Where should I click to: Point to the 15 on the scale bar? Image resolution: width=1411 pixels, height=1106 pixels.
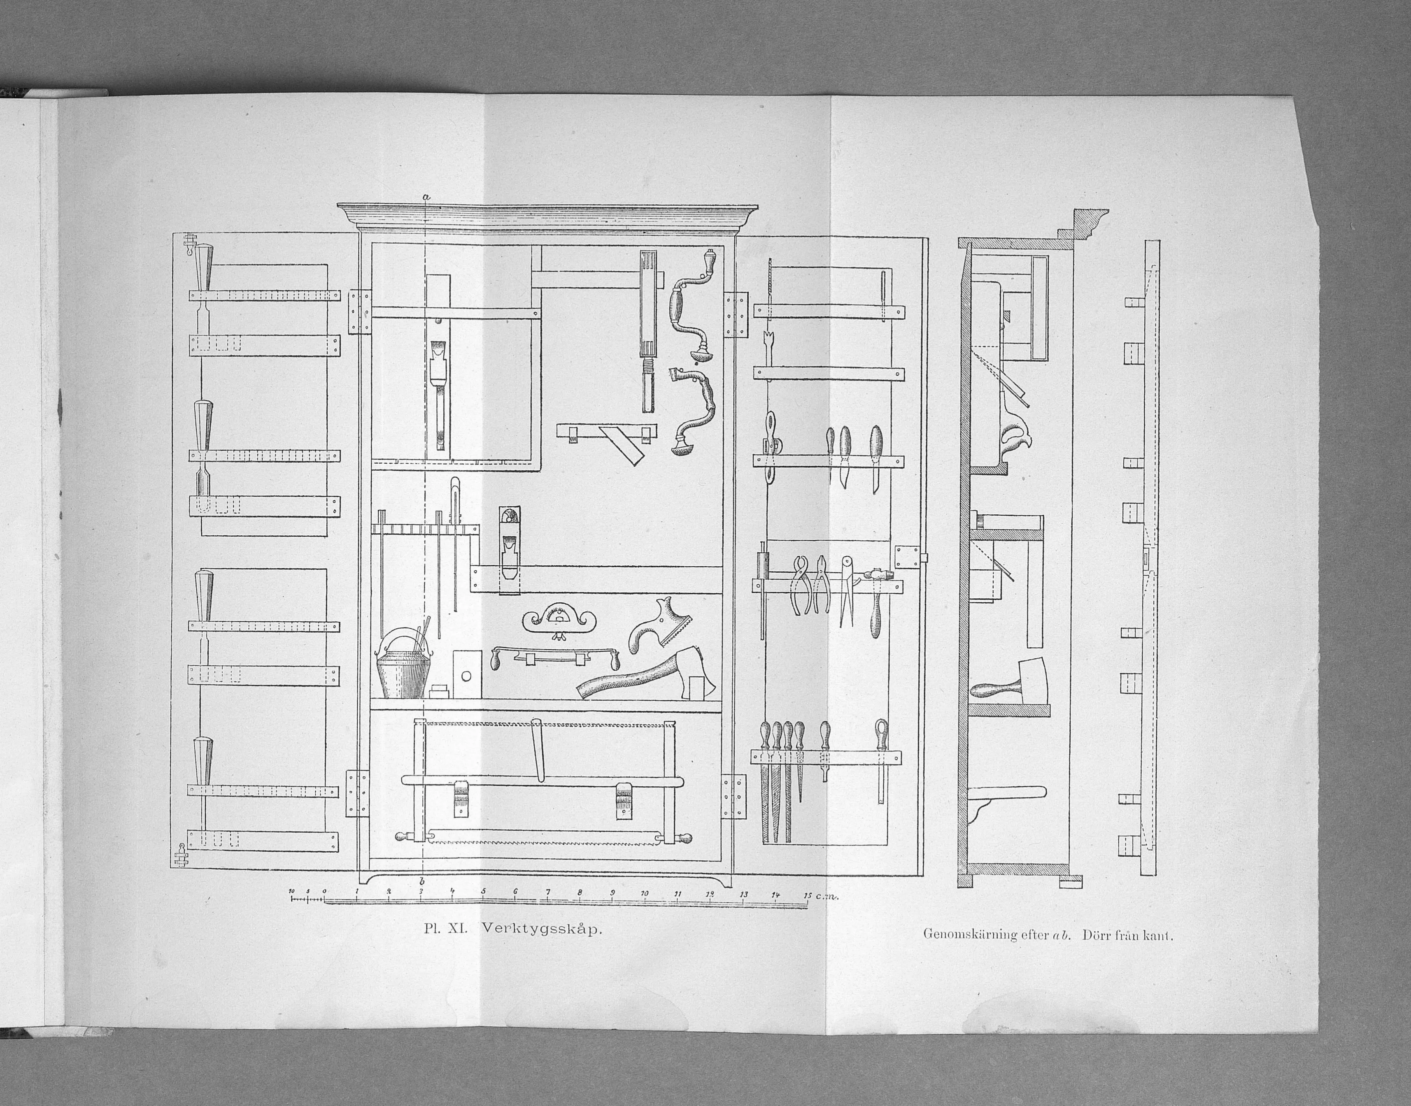(807, 895)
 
